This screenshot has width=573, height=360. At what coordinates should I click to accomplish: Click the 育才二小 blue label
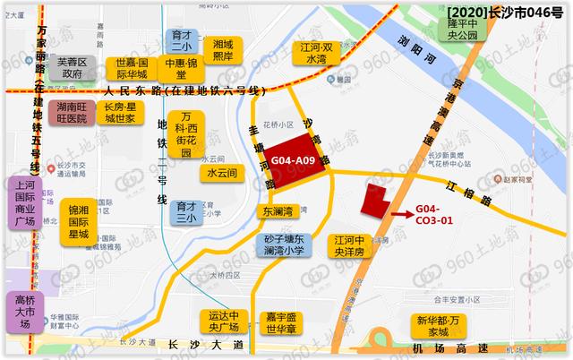pyautogui.click(x=183, y=42)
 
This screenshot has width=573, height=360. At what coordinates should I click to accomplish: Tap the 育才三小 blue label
pyautogui.click(x=185, y=211)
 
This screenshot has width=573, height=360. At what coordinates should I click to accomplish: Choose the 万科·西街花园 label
pyautogui.click(x=186, y=134)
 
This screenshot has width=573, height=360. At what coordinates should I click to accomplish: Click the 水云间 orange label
pyautogui.click(x=221, y=172)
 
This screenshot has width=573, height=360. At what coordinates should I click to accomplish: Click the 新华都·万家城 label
pyautogui.click(x=443, y=325)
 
